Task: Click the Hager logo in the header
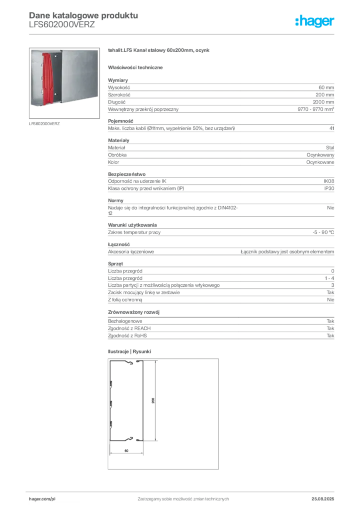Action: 314,21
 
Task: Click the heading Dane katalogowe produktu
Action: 84,15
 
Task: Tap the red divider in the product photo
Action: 47,79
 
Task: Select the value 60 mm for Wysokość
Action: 326,87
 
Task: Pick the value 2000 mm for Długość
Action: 323,102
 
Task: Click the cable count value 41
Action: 332,128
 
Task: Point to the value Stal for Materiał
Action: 330,148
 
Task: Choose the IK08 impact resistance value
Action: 329,181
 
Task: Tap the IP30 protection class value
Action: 329,188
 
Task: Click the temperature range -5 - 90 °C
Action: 323,233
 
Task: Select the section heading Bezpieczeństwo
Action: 127,174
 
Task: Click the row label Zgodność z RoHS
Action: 127,336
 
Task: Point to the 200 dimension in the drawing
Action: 153,401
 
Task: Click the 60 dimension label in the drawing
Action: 126,450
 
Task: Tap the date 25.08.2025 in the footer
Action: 323,499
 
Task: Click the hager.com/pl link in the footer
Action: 42,499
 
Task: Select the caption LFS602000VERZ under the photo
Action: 44,124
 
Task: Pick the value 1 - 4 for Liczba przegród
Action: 329,278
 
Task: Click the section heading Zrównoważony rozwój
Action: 134,312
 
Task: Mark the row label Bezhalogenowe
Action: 125,321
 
